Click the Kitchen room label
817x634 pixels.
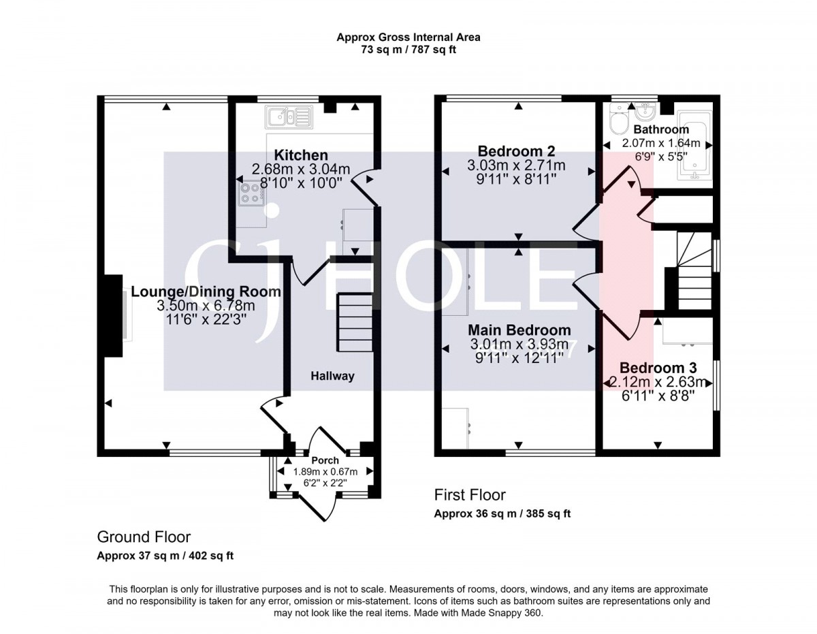click(300, 155)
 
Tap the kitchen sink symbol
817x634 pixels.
click(289, 116)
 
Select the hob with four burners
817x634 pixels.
click(251, 193)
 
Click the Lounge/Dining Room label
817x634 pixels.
click(206, 291)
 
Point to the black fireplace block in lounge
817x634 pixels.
click(113, 316)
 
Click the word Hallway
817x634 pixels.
click(332, 376)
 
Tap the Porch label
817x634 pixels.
click(325, 460)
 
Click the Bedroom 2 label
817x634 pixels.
click(516, 151)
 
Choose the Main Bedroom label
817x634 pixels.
click(519, 330)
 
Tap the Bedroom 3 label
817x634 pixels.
click(658, 367)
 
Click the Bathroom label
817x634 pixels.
click(661, 129)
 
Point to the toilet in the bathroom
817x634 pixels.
click(617, 118)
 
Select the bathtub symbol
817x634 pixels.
click(695, 145)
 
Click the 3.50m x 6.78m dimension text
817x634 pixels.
click(206, 306)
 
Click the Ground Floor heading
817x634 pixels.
click(144, 537)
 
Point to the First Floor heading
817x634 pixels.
click(470, 495)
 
